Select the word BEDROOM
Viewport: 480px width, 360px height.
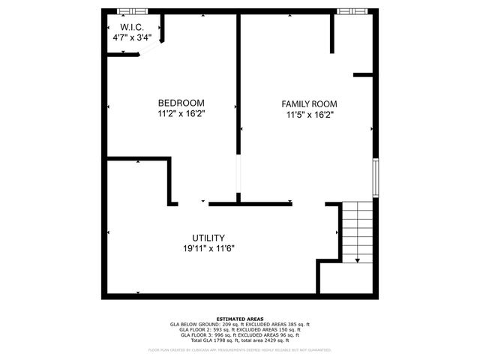pyautogui.click(x=181, y=103)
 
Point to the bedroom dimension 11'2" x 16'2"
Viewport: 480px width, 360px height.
pyautogui.click(x=181, y=114)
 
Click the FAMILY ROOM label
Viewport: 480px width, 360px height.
pyautogui.click(x=309, y=104)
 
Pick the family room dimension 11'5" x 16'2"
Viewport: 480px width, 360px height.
pyautogui.click(x=309, y=115)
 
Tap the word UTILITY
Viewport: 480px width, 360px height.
pyautogui.click(x=208, y=237)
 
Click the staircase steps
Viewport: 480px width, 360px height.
pyautogui.click(x=358, y=229)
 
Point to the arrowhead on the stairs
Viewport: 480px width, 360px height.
pyautogui.click(x=358, y=259)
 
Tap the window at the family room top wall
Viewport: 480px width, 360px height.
pyautogui.click(x=352, y=11)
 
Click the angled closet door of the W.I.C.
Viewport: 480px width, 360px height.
pyautogui.click(x=148, y=50)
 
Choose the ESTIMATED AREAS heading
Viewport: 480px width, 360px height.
pyautogui.click(x=240, y=319)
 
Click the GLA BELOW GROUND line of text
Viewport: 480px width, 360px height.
pyautogui.click(x=240, y=325)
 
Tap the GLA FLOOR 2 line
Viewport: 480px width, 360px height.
pyautogui.click(x=240, y=330)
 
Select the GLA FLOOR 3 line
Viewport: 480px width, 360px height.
pyautogui.click(x=240, y=335)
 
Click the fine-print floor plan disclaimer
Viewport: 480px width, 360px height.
pyautogui.click(x=240, y=349)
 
